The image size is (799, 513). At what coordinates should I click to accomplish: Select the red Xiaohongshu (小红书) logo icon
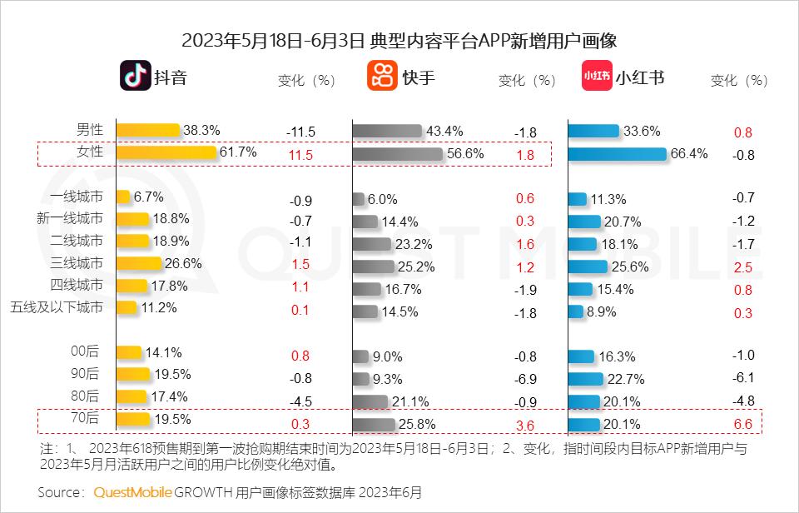(x=597, y=77)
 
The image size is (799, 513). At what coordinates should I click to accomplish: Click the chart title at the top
(x=399, y=40)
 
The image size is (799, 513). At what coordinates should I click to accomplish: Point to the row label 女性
(x=90, y=152)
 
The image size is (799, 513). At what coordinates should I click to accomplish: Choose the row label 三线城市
(x=77, y=263)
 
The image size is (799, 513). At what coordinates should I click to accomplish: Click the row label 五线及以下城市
(x=57, y=307)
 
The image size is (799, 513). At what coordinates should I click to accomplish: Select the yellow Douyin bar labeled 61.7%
(x=166, y=152)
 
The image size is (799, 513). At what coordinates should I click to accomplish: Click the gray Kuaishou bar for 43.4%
(x=387, y=132)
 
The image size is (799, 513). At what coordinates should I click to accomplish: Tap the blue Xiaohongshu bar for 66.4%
(x=618, y=154)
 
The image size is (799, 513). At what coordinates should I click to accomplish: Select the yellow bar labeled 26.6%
(x=139, y=263)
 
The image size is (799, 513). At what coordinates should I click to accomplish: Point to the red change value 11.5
(x=300, y=155)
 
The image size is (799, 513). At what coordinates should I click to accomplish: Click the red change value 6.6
(x=743, y=425)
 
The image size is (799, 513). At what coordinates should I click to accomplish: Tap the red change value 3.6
(x=525, y=425)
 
